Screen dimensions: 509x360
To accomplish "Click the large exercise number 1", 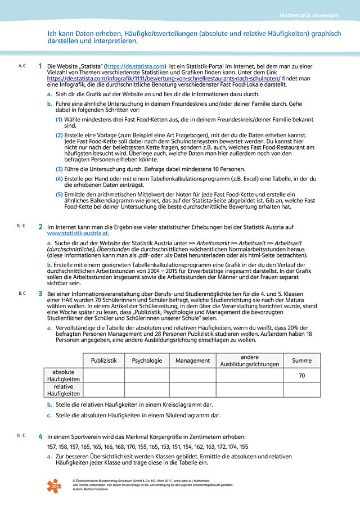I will click(40, 66).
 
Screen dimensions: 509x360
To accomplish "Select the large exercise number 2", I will click(40, 227).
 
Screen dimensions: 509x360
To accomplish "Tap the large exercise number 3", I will click(40, 293).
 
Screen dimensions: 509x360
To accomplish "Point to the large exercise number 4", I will click(40, 436).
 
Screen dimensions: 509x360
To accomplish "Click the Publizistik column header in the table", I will click(103, 361).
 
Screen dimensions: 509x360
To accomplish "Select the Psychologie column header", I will click(147, 361).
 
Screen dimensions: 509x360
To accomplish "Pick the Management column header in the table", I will click(192, 361).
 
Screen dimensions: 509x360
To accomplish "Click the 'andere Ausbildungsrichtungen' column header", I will click(249, 361).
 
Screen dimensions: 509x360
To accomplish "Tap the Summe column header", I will click(301, 361).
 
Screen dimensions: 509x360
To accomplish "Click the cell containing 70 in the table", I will click(301, 375).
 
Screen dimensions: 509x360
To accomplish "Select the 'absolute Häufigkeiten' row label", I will click(64, 375).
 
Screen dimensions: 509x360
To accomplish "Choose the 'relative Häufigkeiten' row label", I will click(64, 390).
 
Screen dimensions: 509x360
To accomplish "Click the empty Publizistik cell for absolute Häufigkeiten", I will click(103, 375).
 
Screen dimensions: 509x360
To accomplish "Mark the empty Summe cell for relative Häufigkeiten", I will click(301, 390).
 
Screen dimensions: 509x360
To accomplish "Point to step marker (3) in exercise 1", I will click(58, 169).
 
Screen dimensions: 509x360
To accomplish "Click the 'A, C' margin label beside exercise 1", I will click(22, 66).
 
